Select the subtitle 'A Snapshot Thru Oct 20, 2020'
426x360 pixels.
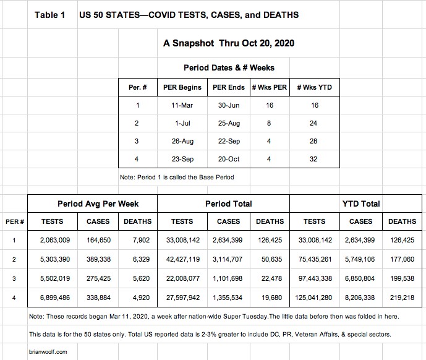pyautogui.click(x=228, y=43)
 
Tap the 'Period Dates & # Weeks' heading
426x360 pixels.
pyautogui.click(x=229, y=67)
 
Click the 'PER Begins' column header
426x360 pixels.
pyautogui.click(x=182, y=87)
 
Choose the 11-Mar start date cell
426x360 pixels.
pyautogui.click(x=182, y=105)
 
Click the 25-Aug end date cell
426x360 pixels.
pyautogui.click(x=229, y=123)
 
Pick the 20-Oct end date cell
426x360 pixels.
pyautogui.click(x=229, y=159)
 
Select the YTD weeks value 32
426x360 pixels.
pyautogui.click(x=314, y=159)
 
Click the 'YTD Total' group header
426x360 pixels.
pyautogui.click(x=360, y=204)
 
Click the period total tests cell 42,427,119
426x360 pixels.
pyautogui.click(x=182, y=260)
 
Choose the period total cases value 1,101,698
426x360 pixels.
pyautogui.click(x=228, y=279)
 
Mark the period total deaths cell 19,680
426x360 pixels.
pyautogui.click(x=270, y=298)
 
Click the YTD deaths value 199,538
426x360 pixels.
pyautogui.click(x=401, y=279)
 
